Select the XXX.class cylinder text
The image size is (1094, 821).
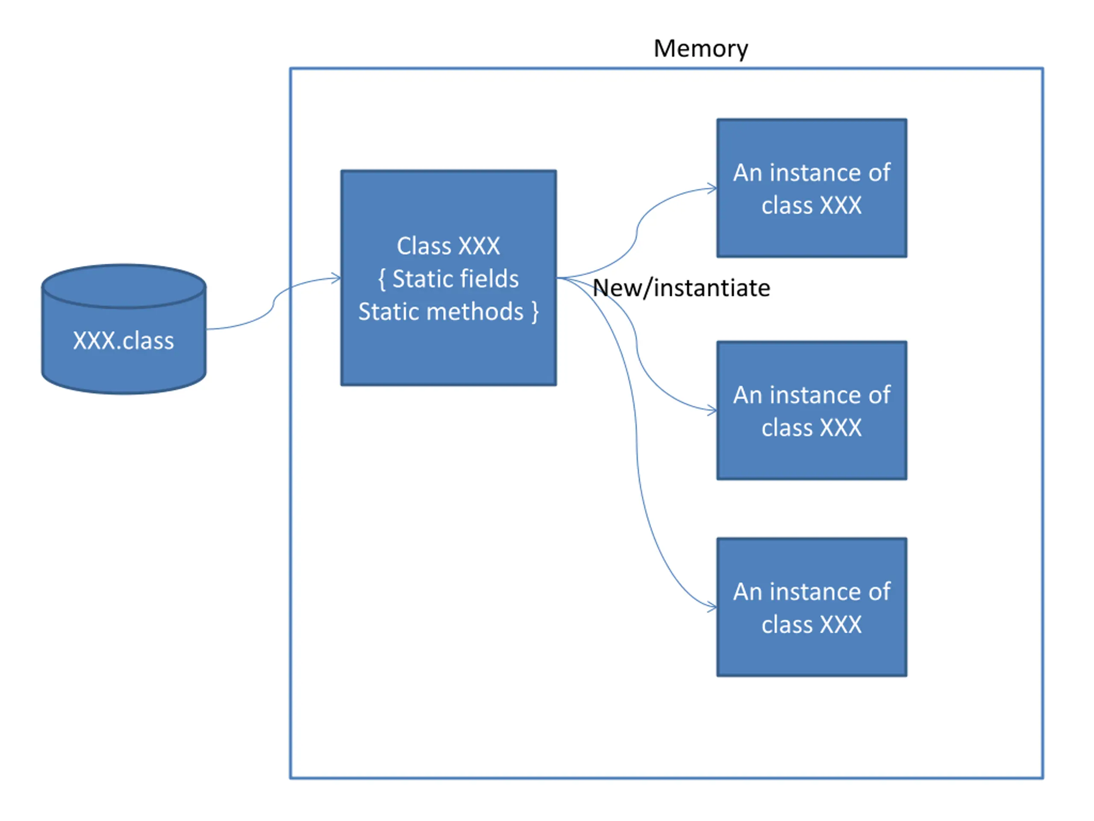[x=124, y=341]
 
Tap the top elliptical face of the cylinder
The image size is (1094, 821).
[x=124, y=286]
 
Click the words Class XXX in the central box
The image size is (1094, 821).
[x=448, y=246]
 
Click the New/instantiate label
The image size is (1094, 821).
[x=681, y=288]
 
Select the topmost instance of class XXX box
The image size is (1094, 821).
[x=812, y=188]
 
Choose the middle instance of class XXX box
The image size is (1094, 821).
[x=812, y=410]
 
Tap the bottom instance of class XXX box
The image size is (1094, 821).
[x=812, y=607]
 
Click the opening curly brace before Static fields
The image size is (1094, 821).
[x=382, y=280]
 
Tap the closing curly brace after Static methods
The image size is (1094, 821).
[x=535, y=312]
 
